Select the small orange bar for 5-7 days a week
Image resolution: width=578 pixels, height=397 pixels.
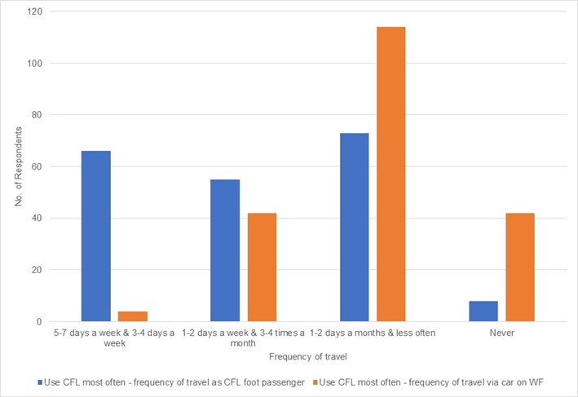133,316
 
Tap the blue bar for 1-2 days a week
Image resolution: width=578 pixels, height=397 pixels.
225,250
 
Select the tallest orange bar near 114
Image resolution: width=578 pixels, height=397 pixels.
391,174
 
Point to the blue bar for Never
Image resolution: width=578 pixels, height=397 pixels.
483,311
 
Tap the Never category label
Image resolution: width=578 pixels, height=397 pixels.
502,333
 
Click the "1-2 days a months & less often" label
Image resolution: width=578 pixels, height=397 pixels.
373,333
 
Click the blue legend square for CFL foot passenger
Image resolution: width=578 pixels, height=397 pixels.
40,381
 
